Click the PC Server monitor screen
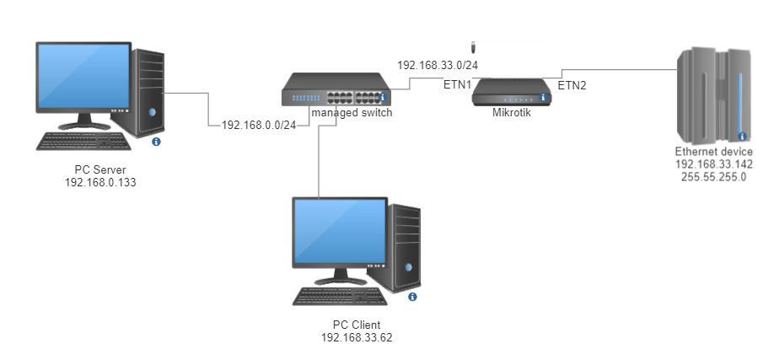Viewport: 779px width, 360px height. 83,76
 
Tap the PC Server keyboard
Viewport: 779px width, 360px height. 84,141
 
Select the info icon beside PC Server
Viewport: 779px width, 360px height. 156,142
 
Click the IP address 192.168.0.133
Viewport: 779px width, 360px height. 100,182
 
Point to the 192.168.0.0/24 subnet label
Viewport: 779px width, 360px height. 259,125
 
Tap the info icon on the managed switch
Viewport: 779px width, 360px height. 382,97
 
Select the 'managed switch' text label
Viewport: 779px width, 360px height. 352,113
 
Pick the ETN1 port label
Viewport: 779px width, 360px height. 457,85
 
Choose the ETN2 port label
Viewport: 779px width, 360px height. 572,85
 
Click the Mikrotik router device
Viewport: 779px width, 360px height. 512,92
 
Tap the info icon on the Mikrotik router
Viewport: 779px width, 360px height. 543,98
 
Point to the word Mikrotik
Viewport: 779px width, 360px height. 512,113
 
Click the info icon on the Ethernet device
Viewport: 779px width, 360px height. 742,136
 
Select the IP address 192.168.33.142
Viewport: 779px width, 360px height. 714,164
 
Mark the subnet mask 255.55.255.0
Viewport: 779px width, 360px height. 714,177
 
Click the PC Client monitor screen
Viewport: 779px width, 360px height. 341,231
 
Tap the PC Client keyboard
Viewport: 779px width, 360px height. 341,297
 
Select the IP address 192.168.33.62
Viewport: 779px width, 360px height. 357,337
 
